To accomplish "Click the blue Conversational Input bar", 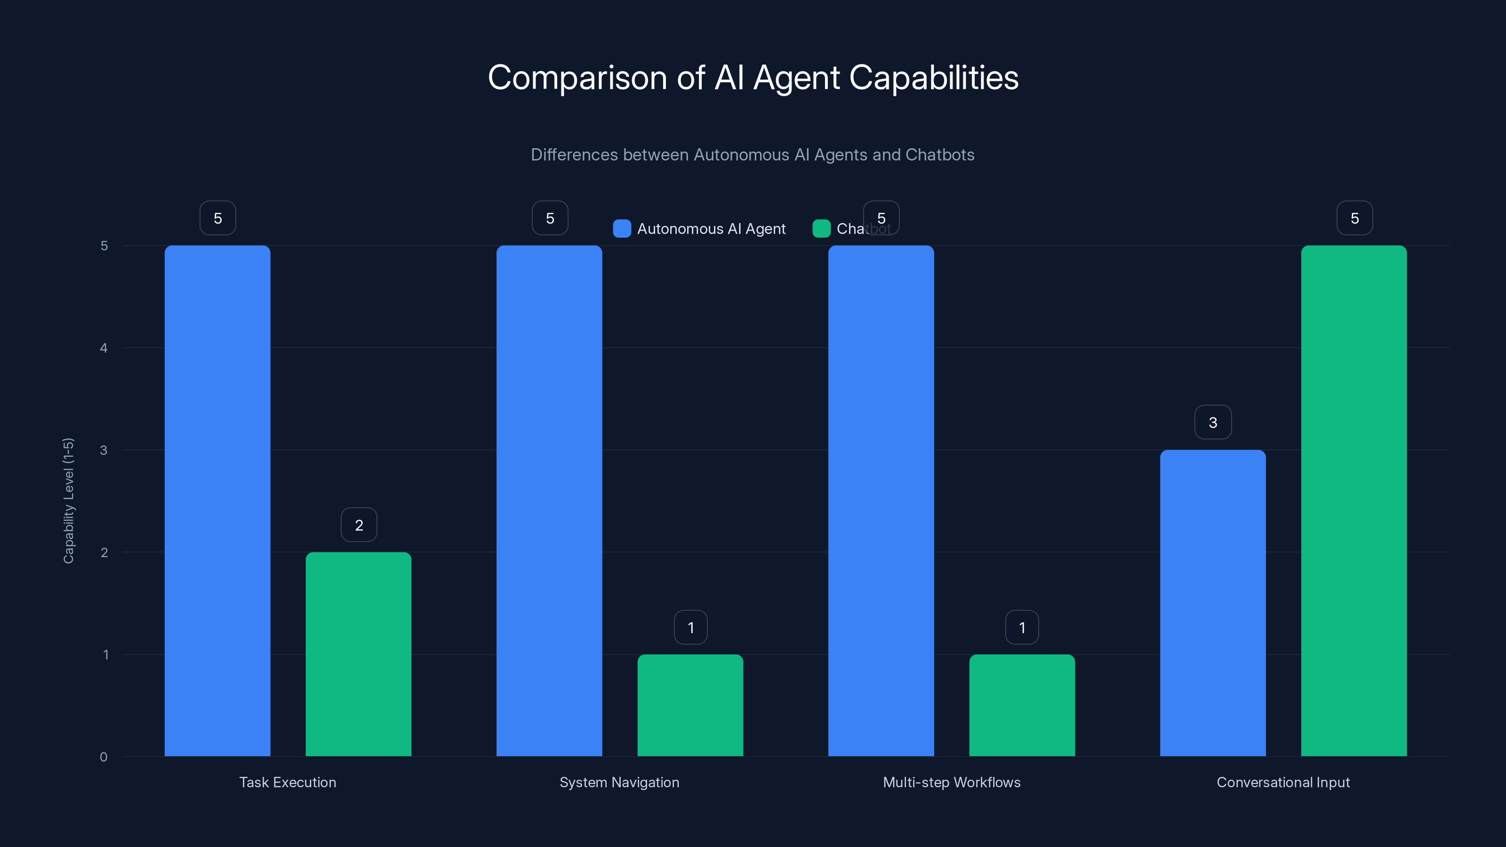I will pos(1212,603).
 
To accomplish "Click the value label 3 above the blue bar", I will pos(1212,422).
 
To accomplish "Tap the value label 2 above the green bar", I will pos(359,525).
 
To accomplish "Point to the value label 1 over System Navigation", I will pos(690,627).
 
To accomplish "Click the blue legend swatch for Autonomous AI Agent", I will pos(621,229).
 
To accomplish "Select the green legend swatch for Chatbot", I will pos(821,229).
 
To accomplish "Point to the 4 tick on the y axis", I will pos(104,348).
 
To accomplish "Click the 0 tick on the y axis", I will pos(104,757).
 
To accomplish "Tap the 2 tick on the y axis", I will pos(104,552).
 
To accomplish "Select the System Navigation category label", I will pos(619,782).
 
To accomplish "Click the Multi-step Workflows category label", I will pos(951,782).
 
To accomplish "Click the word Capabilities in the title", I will pos(933,78).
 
